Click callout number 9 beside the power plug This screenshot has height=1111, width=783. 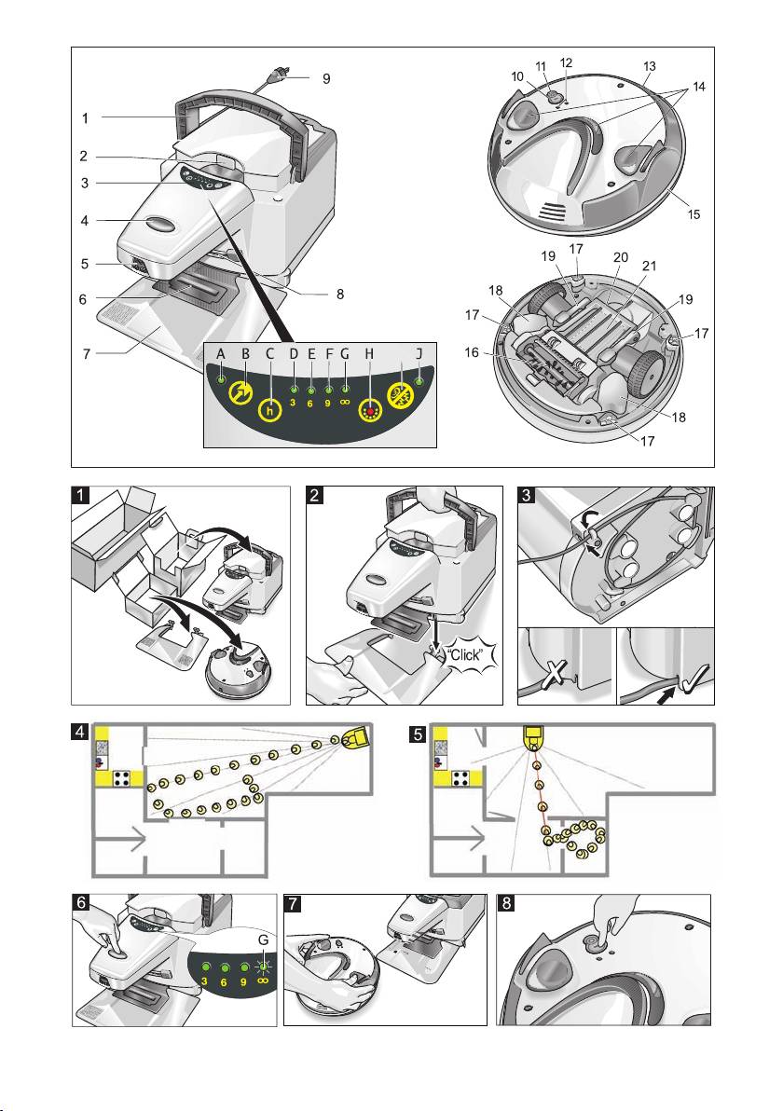tap(326, 79)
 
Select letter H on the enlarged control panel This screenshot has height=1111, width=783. tap(370, 354)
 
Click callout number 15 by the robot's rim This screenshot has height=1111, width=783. tap(693, 214)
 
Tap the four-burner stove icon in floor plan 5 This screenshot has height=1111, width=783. tap(460, 779)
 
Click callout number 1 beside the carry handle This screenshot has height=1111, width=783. tap(84, 119)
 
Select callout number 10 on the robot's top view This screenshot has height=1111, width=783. tap(517, 75)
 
